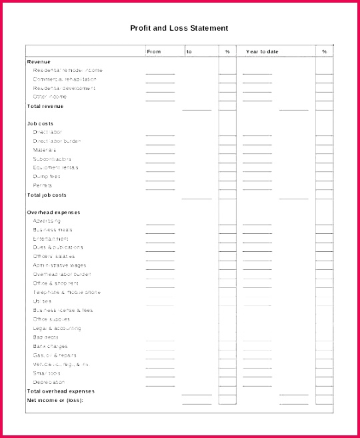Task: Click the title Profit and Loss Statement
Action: click(179, 28)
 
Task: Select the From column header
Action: click(153, 51)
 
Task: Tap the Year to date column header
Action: click(262, 51)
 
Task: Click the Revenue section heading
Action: click(38, 61)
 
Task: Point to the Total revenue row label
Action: click(45, 106)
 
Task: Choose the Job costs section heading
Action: click(40, 123)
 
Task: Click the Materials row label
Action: click(45, 150)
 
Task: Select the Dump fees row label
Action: click(47, 177)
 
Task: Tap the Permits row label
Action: click(43, 185)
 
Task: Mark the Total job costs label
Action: click(46, 195)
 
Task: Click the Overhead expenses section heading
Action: click(53, 212)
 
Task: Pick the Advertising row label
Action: click(47, 221)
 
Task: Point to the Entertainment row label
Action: click(51, 239)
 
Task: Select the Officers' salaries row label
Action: click(54, 256)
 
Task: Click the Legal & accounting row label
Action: click(57, 328)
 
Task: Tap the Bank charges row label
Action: click(50, 346)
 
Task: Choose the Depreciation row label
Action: click(49, 382)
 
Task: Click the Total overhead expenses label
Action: click(60, 391)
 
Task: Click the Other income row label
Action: click(50, 97)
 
